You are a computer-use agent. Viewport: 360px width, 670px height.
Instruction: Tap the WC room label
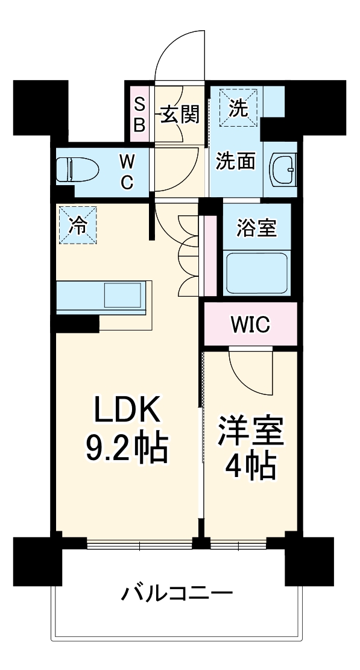[126, 171]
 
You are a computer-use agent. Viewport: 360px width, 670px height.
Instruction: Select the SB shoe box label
[139, 115]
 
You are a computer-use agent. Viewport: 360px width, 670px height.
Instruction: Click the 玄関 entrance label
[179, 115]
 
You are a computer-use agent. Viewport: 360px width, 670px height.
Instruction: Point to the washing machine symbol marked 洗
[239, 109]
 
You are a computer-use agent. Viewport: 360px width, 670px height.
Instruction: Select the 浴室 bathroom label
[257, 229]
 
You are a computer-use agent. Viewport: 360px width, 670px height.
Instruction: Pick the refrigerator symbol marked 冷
[78, 225]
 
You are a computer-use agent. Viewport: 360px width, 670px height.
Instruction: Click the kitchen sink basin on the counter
[123, 295]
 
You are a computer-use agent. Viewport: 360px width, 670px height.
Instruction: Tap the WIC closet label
[251, 325]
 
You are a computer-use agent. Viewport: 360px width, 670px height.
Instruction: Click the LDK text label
[127, 412]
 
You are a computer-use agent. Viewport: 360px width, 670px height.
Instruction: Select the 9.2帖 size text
[127, 447]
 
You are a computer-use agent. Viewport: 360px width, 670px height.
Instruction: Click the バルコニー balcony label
[177, 593]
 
